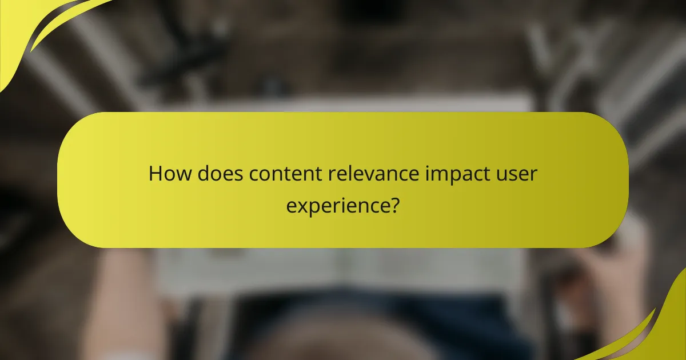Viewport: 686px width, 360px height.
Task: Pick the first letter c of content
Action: point(254,175)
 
